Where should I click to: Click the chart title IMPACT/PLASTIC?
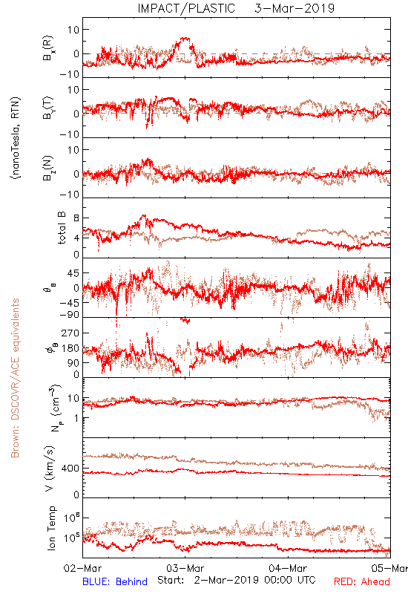tap(186, 8)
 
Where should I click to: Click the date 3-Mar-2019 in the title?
tap(295, 8)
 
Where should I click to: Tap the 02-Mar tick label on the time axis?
tap(82, 568)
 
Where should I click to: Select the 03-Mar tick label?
tap(185, 568)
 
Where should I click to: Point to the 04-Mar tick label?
tap(288, 568)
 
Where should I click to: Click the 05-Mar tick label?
tap(389, 568)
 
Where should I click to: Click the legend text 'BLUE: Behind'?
tap(115, 581)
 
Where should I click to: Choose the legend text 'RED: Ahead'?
tap(361, 581)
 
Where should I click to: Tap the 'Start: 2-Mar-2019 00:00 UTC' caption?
tap(236, 580)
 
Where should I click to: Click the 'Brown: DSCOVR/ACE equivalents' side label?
tap(15, 378)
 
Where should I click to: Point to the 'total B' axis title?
tap(62, 228)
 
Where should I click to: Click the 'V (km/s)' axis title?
tap(50, 469)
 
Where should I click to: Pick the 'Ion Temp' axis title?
tap(51, 528)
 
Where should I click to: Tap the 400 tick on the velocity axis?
tap(70, 469)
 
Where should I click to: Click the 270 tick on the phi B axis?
tap(70, 333)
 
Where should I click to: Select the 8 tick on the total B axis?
tap(76, 218)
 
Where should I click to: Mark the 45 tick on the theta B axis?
tap(73, 272)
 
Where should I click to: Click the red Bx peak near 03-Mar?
tap(185, 38)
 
